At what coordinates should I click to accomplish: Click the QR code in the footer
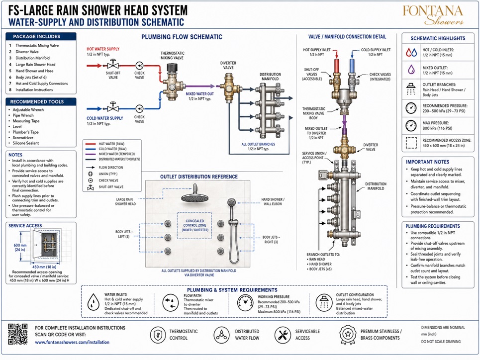[x=18, y=334]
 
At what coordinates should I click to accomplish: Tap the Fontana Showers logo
[x=433, y=15]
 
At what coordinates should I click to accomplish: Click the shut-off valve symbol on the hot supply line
[x=113, y=65]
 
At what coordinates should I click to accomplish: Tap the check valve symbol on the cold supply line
[x=139, y=109]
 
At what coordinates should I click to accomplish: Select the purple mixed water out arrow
[x=200, y=87]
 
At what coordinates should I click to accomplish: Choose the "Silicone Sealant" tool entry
[x=26, y=143]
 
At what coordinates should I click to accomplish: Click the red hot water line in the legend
[x=91, y=144]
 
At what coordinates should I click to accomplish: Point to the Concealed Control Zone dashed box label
[x=194, y=225]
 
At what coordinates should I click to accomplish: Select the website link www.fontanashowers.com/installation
[x=72, y=342]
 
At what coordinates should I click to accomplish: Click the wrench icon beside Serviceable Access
[x=283, y=335]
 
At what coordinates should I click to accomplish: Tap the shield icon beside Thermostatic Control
[x=158, y=335]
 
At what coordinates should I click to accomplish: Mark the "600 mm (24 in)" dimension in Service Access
[x=20, y=247]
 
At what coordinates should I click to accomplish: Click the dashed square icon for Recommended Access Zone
[x=411, y=142]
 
